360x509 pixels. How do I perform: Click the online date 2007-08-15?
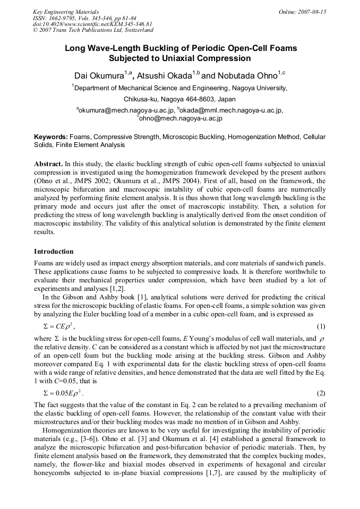point(310,12)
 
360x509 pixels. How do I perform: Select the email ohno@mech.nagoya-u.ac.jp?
point(181,118)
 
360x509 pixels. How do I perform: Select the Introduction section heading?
point(54,251)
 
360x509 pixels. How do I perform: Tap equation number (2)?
point(321,393)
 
